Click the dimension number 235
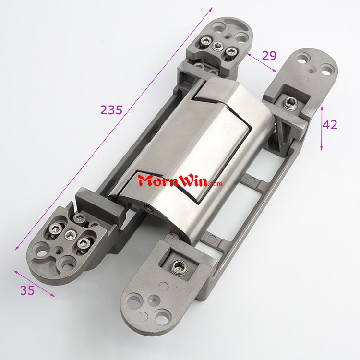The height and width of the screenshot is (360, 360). pos(111,110)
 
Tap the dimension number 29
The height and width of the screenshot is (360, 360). pos(269,56)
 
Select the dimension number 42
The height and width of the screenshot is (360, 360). pos(330,125)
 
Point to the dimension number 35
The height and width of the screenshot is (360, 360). pos(27,290)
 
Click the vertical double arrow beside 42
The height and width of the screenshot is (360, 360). pos(322,128)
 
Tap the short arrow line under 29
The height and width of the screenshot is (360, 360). pos(262,62)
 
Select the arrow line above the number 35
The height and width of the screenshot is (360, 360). pos(34,284)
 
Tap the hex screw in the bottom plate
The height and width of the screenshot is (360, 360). pos(180,267)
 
